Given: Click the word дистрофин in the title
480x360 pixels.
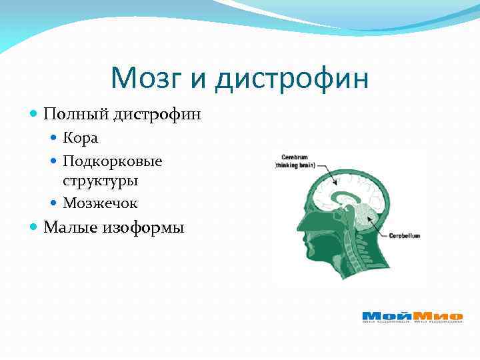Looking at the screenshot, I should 291,79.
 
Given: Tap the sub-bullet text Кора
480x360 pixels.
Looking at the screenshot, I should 80,138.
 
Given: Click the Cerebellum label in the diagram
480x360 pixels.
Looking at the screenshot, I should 404,235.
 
